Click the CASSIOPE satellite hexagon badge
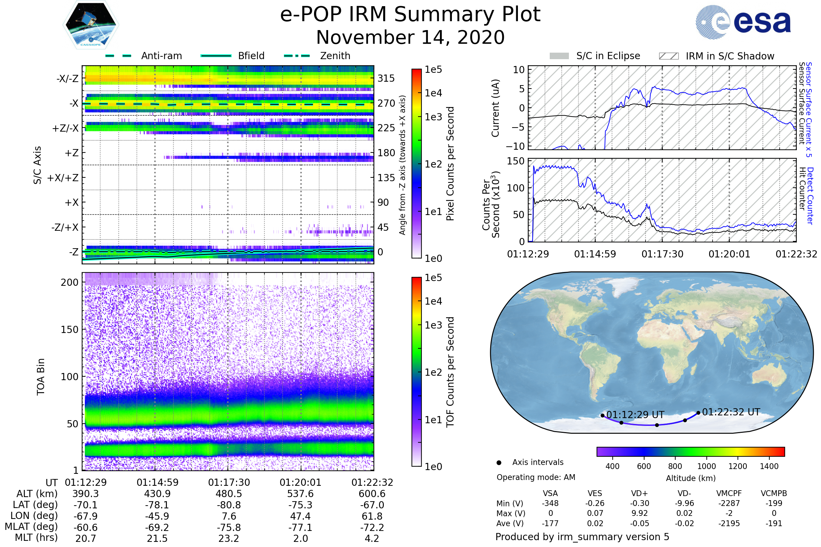pyautogui.click(x=91, y=25)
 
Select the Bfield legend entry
pyautogui.click(x=233, y=56)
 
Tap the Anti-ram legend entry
pyautogui.click(x=143, y=56)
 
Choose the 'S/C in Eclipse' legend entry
pyautogui.click(x=595, y=56)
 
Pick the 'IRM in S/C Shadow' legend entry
pyautogui.click(x=717, y=56)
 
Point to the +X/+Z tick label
pyautogui.click(x=63, y=178)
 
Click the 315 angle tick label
pyautogui.click(x=386, y=78)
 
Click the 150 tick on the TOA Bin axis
pyautogui.click(x=69, y=330)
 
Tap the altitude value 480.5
pyautogui.click(x=229, y=494)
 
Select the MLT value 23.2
pyautogui.click(x=229, y=538)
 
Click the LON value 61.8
pyautogui.click(x=372, y=516)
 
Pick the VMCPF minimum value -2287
pyautogui.click(x=729, y=503)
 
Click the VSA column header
pyautogui.click(x=550, y=493)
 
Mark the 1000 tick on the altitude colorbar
pyautogui.click(x=706, y=466)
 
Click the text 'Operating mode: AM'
pyautogui.click(x=536, y=477)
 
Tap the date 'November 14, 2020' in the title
pyautogui.click(x=410, y=37)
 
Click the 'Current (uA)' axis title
pyautogui.click(x=495, y=108)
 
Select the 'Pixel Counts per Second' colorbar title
pyautogui.click(x=450, y=164)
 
